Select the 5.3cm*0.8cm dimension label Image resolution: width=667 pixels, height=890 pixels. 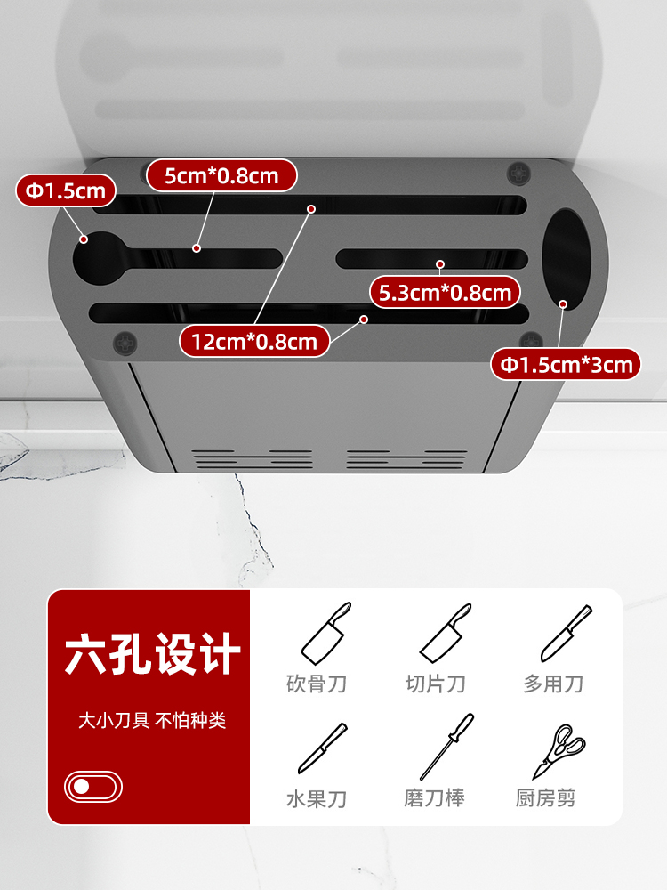click(446, 291)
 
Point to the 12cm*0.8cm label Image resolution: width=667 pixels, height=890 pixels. click(254, 341)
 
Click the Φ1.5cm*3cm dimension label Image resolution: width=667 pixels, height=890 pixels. click(566, 364)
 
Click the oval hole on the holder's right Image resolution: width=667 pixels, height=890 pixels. click(566, 258)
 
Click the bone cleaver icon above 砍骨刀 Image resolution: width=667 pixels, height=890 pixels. click(326, 633)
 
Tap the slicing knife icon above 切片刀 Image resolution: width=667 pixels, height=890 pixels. click(445, 633)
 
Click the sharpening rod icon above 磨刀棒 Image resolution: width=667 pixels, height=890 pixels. click(446, 747)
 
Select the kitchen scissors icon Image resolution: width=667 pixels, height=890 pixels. click(559, 750)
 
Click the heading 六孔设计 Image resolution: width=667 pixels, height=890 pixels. click(152, 654)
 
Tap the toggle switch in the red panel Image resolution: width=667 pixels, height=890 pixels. click(93, 787)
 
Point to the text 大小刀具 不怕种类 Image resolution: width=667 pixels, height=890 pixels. click(152, 720)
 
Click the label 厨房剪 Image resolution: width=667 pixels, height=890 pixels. click(546, 798)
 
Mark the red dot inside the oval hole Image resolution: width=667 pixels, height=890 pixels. click(563, 304)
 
